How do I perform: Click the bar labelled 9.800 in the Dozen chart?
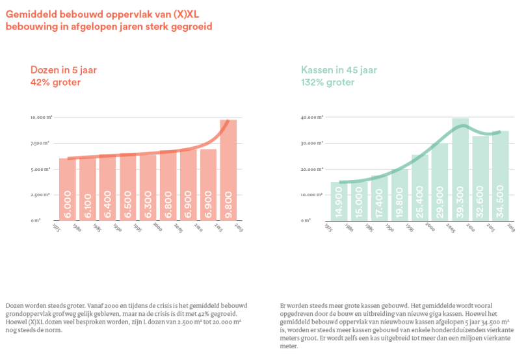tap(228, 170)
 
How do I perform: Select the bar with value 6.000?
tap(67, 189)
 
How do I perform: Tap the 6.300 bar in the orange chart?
tap(148, 188)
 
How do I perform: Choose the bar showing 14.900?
tap(339, 201)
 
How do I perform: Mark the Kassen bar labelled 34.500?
tap(500, 175)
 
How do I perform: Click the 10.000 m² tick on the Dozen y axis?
tap(41, 118)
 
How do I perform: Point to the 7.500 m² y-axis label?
tap(42, 143)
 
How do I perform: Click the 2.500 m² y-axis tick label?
tap(42, 194)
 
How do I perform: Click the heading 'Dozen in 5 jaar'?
tap(63, 70)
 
